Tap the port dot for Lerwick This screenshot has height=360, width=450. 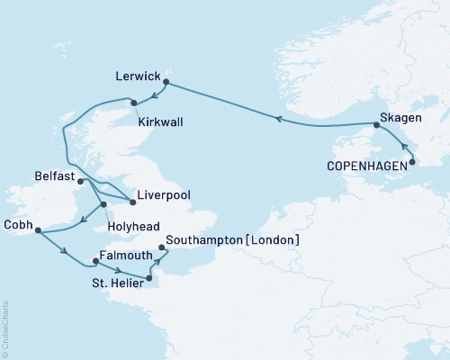tap(167, 82)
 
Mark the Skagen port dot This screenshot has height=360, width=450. tap(376, 125)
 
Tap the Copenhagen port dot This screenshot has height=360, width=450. tap(412, 162)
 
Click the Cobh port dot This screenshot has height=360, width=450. tap(37, 231)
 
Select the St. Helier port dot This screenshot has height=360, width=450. tap(148, 278)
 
